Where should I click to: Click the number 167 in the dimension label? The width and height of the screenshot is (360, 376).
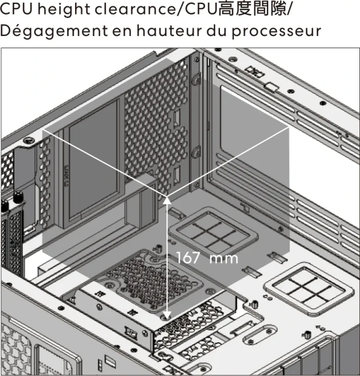pos(188,258)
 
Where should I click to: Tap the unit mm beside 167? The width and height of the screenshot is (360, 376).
pos(224,259)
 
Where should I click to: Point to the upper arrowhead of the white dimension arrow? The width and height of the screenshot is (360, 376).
pos(167,200)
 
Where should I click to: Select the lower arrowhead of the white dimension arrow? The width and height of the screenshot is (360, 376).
pos(167,315)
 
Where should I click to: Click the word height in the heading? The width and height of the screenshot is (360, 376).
pos(64,9)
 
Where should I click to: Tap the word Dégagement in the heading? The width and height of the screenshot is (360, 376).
pos(54,31)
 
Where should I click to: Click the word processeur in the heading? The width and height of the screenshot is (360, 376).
pos(276,32)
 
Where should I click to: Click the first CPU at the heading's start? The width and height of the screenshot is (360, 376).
pos(16,9)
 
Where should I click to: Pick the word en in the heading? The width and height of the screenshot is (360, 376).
pos(122,32)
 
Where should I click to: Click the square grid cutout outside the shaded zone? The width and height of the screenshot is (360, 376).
pos(308,288)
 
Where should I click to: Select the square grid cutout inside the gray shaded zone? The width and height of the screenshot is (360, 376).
pos(214,231)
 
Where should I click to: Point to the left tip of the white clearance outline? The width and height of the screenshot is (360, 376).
pos(43,130)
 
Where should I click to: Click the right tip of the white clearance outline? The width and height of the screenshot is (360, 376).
pos(289,128)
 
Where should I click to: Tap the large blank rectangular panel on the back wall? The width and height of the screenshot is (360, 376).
pos(94,159)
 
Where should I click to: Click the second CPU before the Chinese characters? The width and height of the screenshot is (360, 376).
pos(201,9)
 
